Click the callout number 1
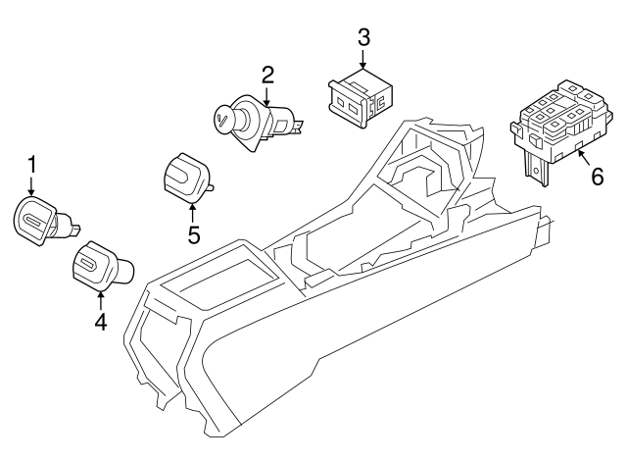[x=31, y=162]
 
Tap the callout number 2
[x=266, y=75]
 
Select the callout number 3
[x=363, y=38]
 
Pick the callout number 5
[x=193, y=235]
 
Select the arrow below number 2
[x=266, y=96]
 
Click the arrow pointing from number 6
[x=580, y=157]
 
